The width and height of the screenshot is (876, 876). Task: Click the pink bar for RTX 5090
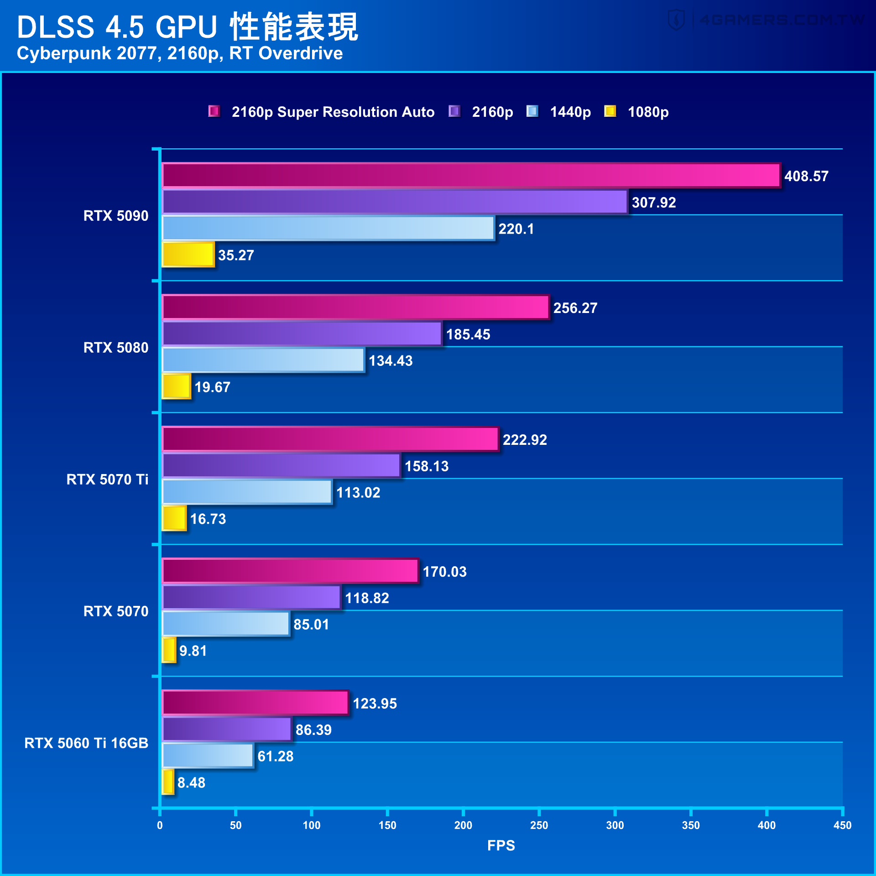[470, 175]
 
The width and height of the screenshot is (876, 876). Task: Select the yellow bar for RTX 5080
[176, 386]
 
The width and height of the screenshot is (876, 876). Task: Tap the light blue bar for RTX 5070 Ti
[247, 492]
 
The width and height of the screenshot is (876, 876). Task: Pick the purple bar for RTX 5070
[251, 597]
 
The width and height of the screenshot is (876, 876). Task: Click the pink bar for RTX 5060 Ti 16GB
[255, 703]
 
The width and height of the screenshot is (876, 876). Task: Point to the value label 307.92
[653, 203]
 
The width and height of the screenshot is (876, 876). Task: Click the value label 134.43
[390, 361]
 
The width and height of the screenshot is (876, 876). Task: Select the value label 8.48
[191, 783]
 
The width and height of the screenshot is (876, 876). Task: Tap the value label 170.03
[444, 572]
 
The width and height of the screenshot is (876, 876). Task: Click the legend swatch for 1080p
[610, 111]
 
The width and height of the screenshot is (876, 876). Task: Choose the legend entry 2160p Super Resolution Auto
[333, 112]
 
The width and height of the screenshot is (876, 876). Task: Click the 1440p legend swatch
[532, 111]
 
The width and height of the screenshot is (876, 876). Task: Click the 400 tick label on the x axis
[766, 825]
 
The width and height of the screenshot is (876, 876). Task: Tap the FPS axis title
[501, 845]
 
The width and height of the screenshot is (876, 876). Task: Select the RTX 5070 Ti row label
[107, 480]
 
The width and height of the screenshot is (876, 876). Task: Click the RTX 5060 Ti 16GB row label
[86, 743]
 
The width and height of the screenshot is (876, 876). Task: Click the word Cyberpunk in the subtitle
[64, 53]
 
